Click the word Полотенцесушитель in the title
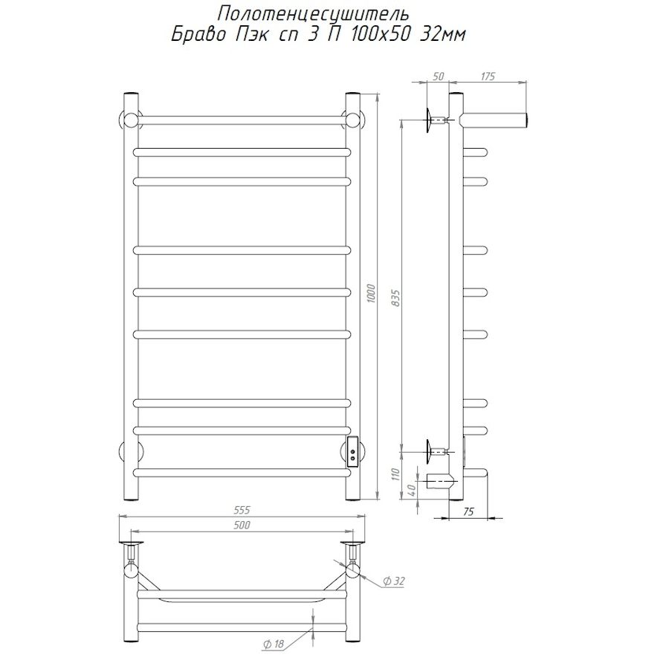pyautogui.click(x=313, y=15)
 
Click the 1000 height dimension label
pyautogui.click(x=371, y=294)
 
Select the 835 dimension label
pyautogui.click(x=396, y=299)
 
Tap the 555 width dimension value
pyautogui.click(x=242, y=510)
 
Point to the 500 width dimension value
pyautogui.click(x=242, y=526)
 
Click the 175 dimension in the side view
pyautogui.click(x=488, y=77)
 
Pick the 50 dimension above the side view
pyautogui.click(x=438, y=77)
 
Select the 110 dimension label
pyautogui.click(x=395, y=474)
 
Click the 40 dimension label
pyautogui.click(x=412, y=491)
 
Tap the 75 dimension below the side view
pyautogui.click(x=468, y=511)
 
